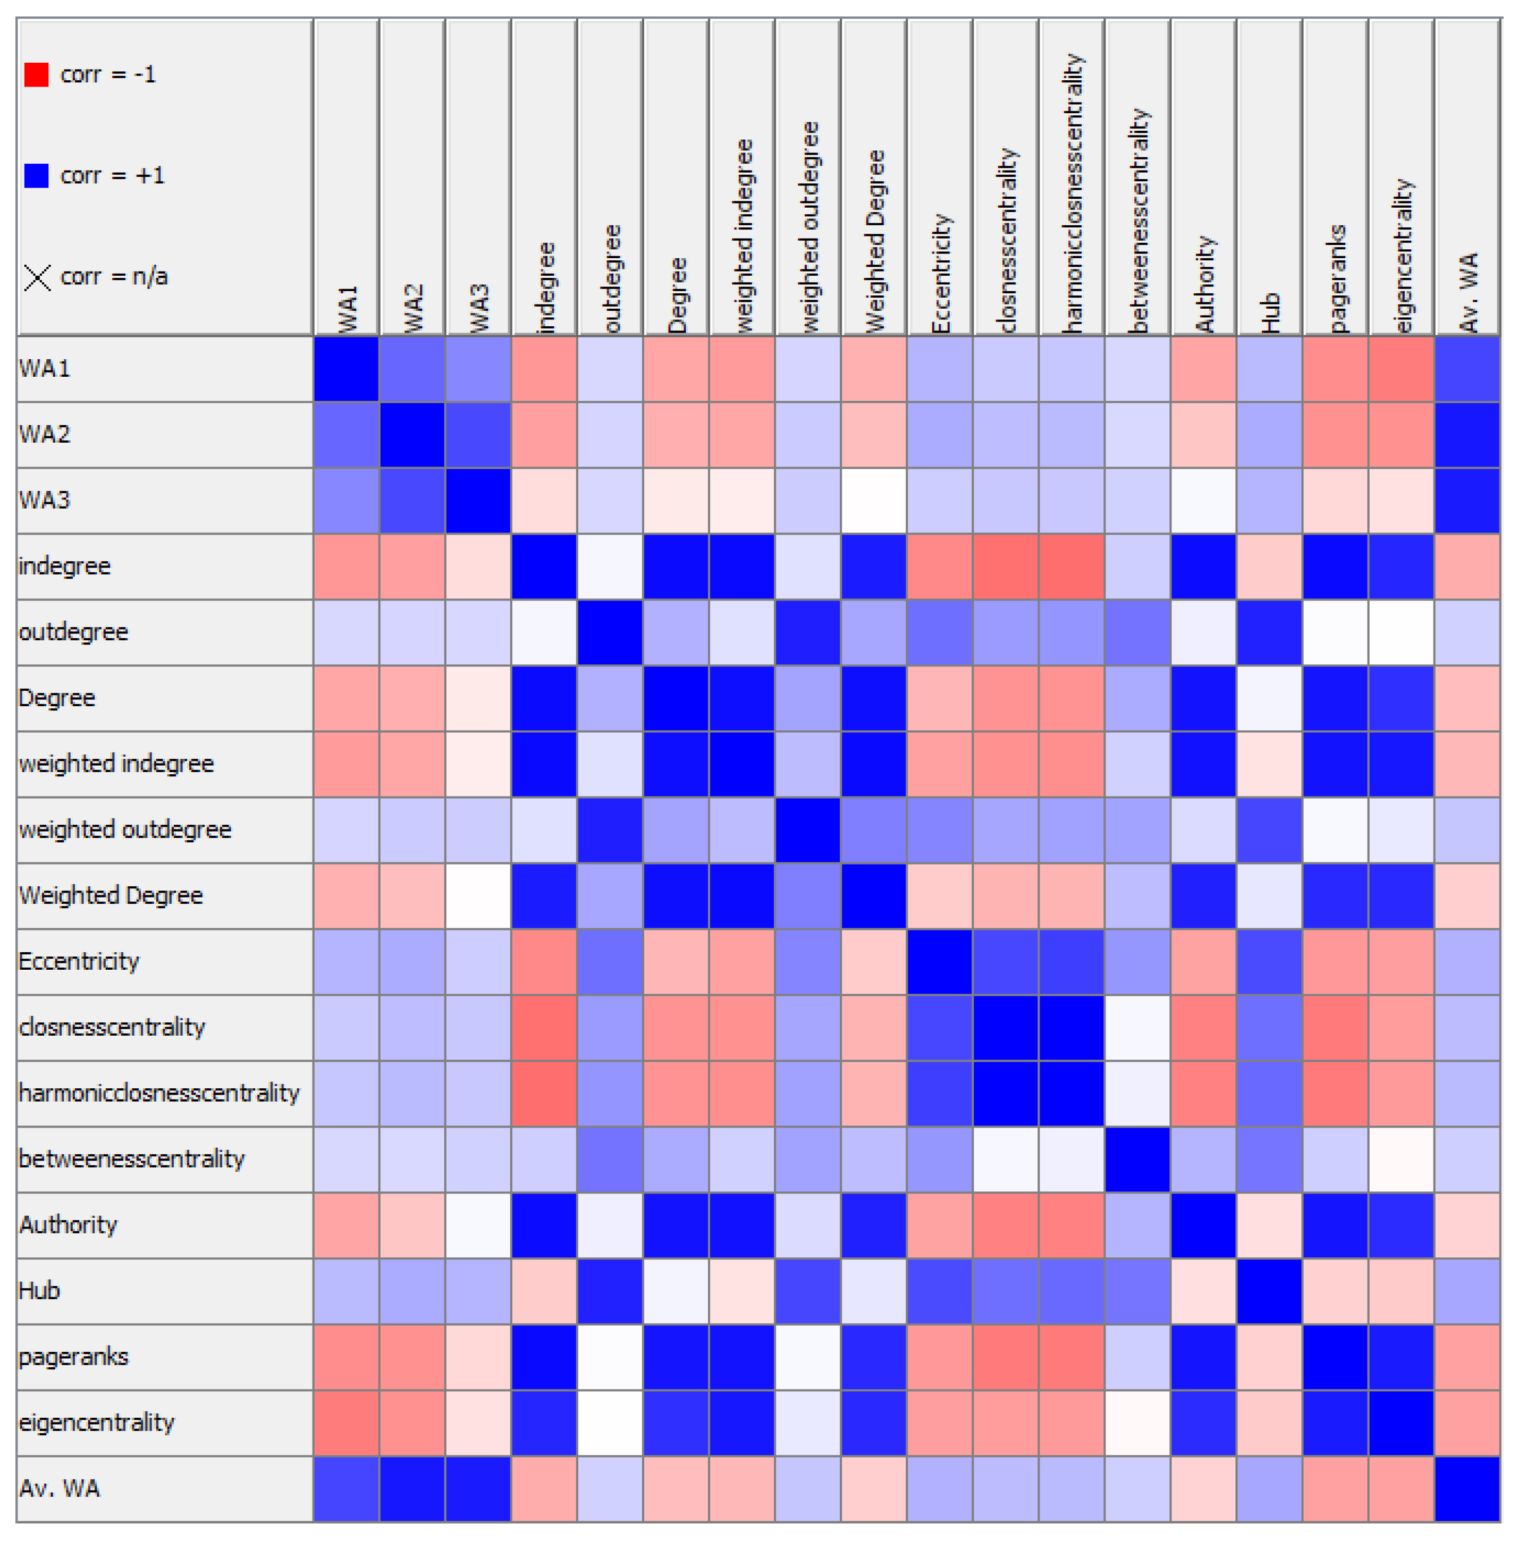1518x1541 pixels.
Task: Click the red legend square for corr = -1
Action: [x=37, y=75]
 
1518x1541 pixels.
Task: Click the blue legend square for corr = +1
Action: [x=37, y=175]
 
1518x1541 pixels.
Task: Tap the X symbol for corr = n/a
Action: [x=37, y=277]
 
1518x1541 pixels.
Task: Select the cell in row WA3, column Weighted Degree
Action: [x=874, y=501]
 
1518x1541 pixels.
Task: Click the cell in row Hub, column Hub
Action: [x=1269, y=1291]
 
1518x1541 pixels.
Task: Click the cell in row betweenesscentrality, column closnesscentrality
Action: [x=1006, y=1159]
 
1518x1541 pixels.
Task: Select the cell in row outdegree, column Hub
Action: [x=1269, y=632]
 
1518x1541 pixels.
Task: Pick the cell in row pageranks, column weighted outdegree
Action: [x=808, y=1357]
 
